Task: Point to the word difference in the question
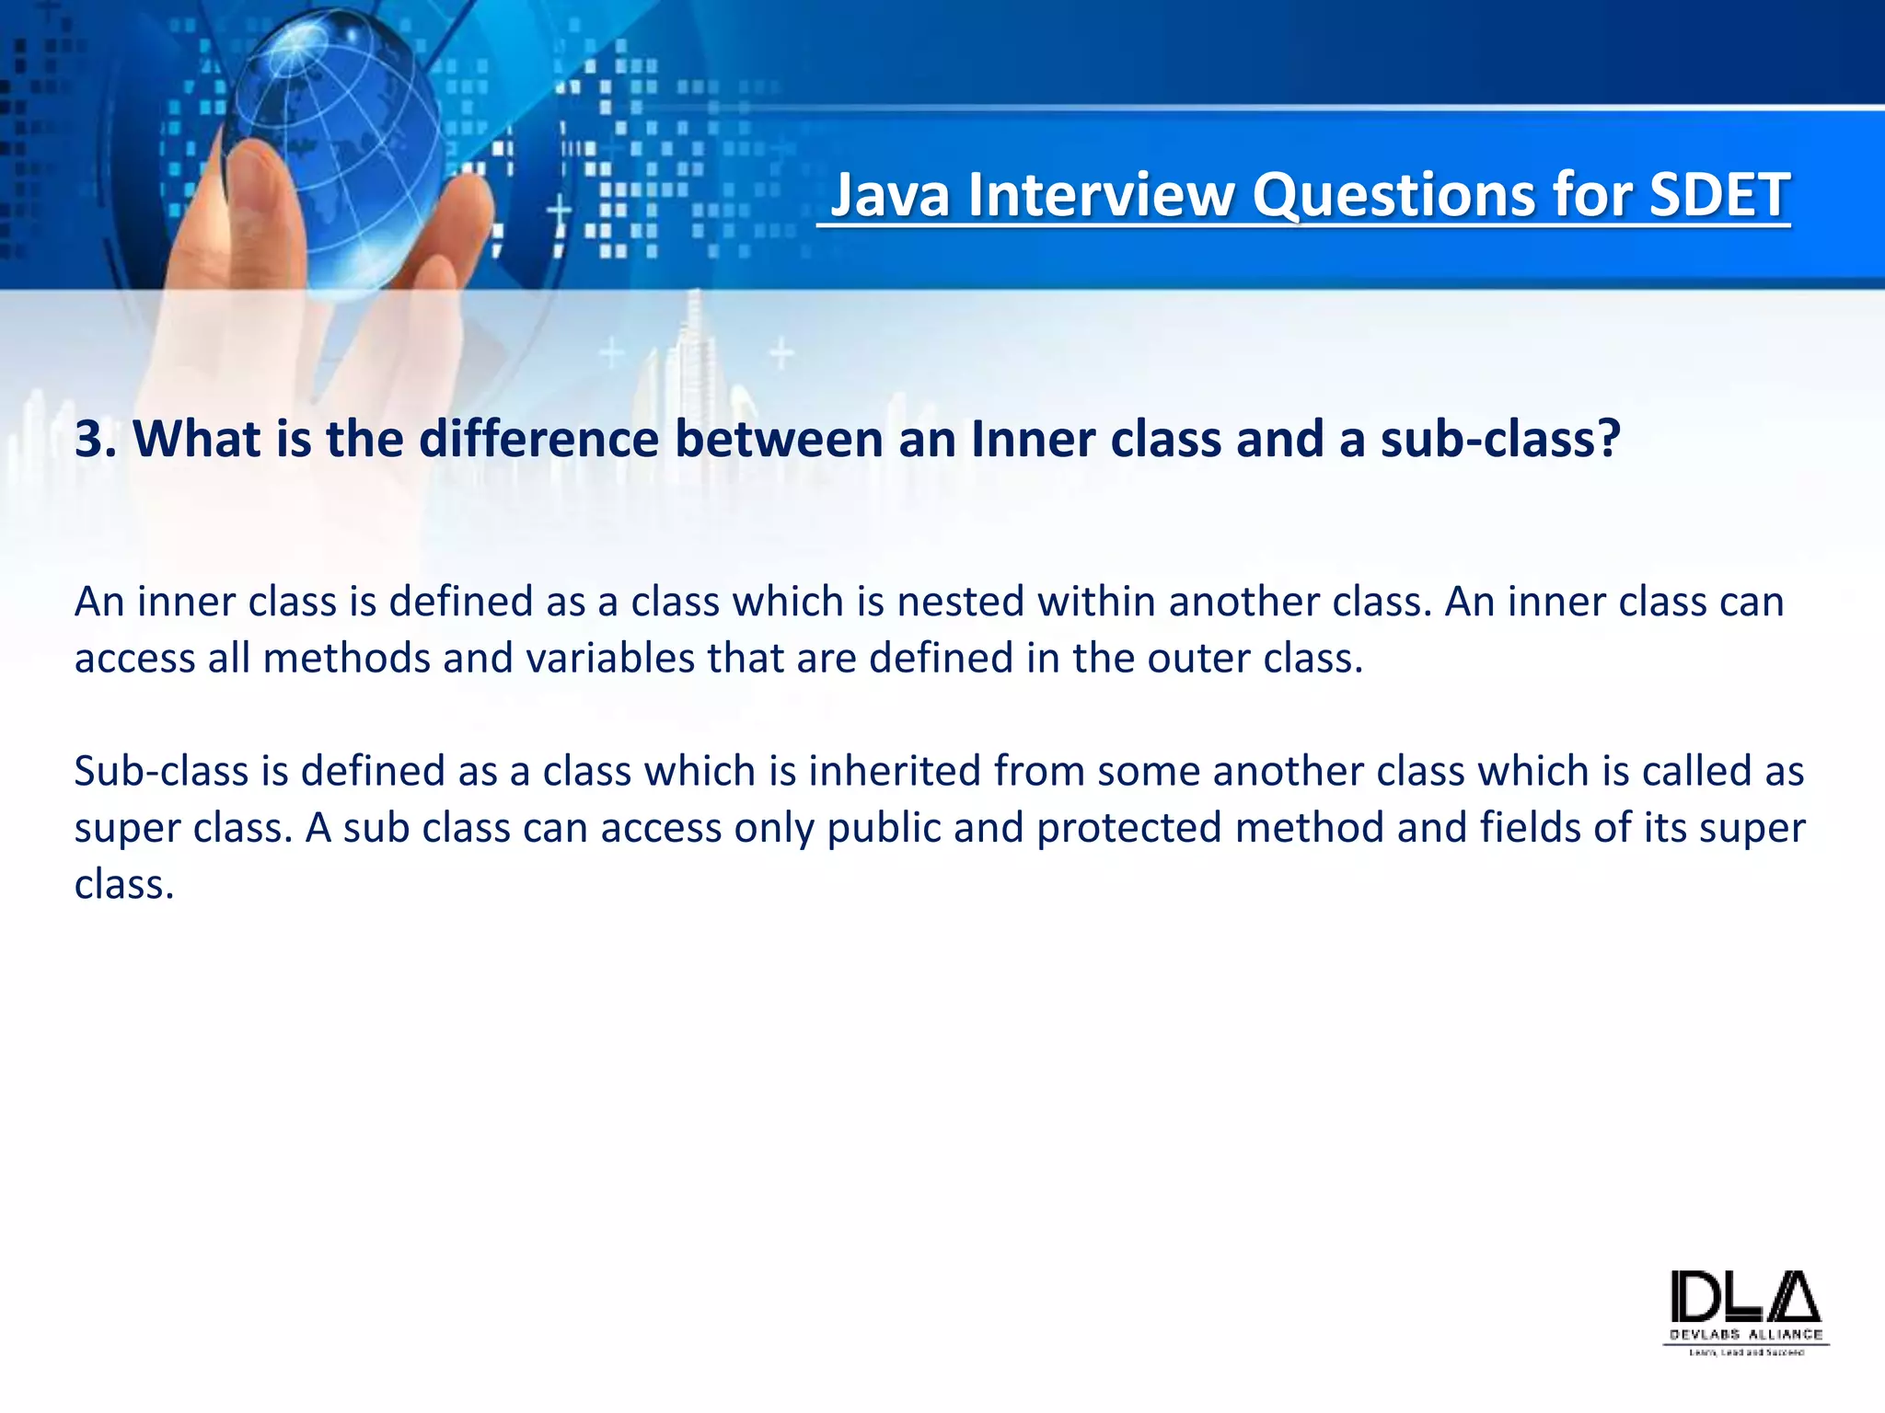tap(538, 439)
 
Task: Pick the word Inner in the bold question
tap(1032, 439)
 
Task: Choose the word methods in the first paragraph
tap(346, 659)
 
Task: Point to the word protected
tap(1129, 828)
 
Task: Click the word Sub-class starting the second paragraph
tap(161, 771)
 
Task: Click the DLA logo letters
tap(1745, 1298)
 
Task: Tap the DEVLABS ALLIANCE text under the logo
tap(1746, 1334)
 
